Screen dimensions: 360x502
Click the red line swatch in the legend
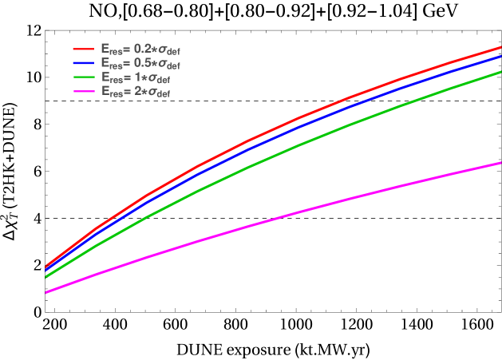point(85,49)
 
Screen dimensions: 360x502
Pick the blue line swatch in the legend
point(85,63)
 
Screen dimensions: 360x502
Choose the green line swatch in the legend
point(85,77)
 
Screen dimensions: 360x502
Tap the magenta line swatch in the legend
point(85,92)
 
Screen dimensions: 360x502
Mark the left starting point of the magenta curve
point(46,292)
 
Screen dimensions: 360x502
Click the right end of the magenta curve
point(500,162)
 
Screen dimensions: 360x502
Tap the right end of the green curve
point(500,71)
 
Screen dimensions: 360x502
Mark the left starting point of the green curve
point(46,277)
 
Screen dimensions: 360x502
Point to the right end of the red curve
point(500,46)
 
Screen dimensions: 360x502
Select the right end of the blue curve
point(500,55)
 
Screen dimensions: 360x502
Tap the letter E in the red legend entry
point(105,49)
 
